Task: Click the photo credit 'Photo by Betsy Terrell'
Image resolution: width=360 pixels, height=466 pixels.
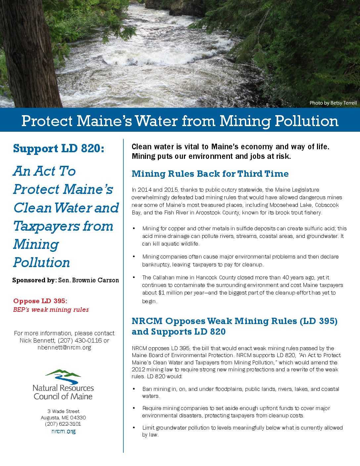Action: pos(333,103)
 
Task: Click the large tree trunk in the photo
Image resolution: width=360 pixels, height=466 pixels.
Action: pos(28,56)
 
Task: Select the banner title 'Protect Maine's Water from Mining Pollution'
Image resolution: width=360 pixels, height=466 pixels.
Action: pos(180,121)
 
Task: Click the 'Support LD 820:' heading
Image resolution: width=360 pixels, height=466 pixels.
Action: pos(59,148)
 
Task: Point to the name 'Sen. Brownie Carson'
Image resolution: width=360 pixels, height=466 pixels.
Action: pos(88,280)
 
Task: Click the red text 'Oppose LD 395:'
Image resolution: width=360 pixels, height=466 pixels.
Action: pos(40,301)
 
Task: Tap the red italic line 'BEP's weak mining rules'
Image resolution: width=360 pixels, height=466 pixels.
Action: pos(51,310)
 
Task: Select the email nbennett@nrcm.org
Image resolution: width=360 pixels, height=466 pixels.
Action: pos(64,348)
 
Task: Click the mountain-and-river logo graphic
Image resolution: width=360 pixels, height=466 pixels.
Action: pos(63,376)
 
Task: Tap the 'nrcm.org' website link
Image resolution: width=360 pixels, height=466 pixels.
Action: pos(63,431)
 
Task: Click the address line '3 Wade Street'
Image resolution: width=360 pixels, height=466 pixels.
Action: pos(63,411)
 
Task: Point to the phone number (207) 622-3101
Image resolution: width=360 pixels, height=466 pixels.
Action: pos(63,424)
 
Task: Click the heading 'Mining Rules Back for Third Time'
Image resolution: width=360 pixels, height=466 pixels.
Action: pos(210,174)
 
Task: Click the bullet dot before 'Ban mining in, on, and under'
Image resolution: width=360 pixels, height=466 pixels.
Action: pos(134,389)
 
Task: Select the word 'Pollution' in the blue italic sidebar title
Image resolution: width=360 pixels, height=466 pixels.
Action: pos(42,262)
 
